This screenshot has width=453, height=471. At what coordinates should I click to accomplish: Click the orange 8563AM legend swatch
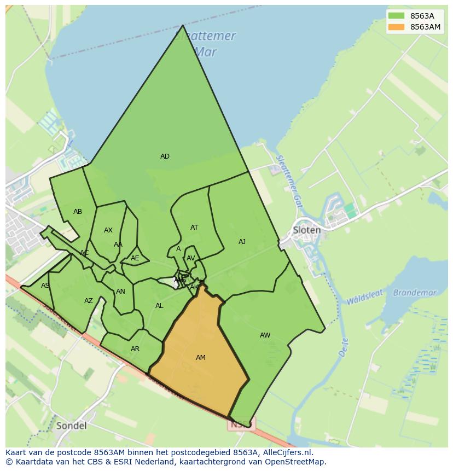pyautogui.click(x=397, y=27)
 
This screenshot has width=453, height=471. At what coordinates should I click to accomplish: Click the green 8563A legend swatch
pyautogui.click(x=397, y=16)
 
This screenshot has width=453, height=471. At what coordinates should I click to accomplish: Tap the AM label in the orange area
pyautogui.click(x=201, y=358)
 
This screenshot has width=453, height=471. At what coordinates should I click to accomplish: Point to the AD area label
pyautogui.click(x=165, y=156)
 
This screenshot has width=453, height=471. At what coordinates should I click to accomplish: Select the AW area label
pyautogui.click(x=265, y=335)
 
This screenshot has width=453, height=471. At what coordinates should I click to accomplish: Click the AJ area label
pyautogui.click(x=242, y=242)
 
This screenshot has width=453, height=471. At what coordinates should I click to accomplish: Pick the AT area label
pyautogui.click(x=194, y=228)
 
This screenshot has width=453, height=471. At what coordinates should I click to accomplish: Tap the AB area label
pyautogui.click(x=78, y=212)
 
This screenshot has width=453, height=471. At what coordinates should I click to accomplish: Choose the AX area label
pyautogui.click(x=108, y=230)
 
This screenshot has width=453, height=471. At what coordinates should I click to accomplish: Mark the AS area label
pyautogui.click(x=45, y=286)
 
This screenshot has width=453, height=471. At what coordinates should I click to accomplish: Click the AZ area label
pyautogui.click(x=89, y=301)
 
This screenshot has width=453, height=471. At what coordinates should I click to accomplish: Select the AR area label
pyautogui.click(x=135, y=349)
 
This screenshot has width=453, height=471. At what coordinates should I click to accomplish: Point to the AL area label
pyautogui.click(x=159, y=306)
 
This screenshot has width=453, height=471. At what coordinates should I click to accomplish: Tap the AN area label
pyautogui.click(x=120, y=292)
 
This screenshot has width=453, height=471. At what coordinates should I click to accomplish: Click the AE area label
pyautogui.click(x=135, y=258)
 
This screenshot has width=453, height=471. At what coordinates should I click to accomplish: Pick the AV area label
pyautogui.click(x=191, y=258)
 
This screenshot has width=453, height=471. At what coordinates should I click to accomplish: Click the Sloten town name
pyautogui.click(x=306, y=230)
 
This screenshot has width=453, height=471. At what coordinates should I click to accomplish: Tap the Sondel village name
pyautogui.click(x=71, y=425)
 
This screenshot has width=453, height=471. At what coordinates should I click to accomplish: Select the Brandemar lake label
pyautogui.click(x=415, y=293)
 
